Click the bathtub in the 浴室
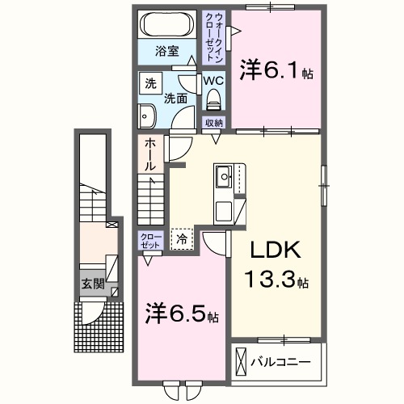pos(167,26)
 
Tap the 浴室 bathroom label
pos(168,58)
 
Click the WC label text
pos(213,81)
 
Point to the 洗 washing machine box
pos(149,82)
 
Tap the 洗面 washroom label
pos(176,99)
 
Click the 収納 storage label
pos(213,122)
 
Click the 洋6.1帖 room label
pos(276,71)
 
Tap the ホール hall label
pos(151,154)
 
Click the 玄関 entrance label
pos(91,284)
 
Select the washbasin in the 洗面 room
pos(147,116)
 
